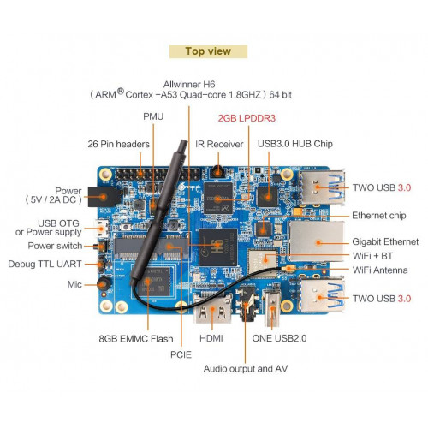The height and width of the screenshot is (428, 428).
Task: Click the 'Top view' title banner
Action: pos(208,51)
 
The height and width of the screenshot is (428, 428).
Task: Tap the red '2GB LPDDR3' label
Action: pos(247,118)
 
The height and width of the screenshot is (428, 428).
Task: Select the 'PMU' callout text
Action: pos(153,116)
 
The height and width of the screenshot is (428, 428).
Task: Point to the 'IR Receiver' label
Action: pos(219,144)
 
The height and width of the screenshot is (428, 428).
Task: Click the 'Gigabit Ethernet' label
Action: pos(385,241)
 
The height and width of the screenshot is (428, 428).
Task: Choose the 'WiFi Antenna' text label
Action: pos(380,270)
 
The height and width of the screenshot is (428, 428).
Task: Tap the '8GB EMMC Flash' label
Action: pos(136,339)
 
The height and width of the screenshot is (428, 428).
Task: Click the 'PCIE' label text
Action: pos(181,354)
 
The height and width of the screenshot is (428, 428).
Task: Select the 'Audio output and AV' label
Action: pos(246,369)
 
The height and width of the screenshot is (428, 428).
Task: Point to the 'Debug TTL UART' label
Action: pos(45,264)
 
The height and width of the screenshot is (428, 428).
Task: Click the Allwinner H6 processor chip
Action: pos(218,247)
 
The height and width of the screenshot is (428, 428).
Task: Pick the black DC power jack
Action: pos(104,197)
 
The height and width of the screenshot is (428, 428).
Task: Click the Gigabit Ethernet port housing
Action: pos(317,241)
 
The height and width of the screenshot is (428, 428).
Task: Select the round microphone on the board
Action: pos(104,284)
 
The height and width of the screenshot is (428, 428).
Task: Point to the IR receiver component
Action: pos(218,172)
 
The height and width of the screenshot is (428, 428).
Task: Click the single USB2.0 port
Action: pos(272,308)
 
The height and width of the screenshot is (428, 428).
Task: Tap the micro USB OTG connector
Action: pos(102,229)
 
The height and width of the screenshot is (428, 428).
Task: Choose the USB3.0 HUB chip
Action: pos(267,197)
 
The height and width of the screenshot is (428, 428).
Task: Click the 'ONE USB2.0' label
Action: pos(279,338)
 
